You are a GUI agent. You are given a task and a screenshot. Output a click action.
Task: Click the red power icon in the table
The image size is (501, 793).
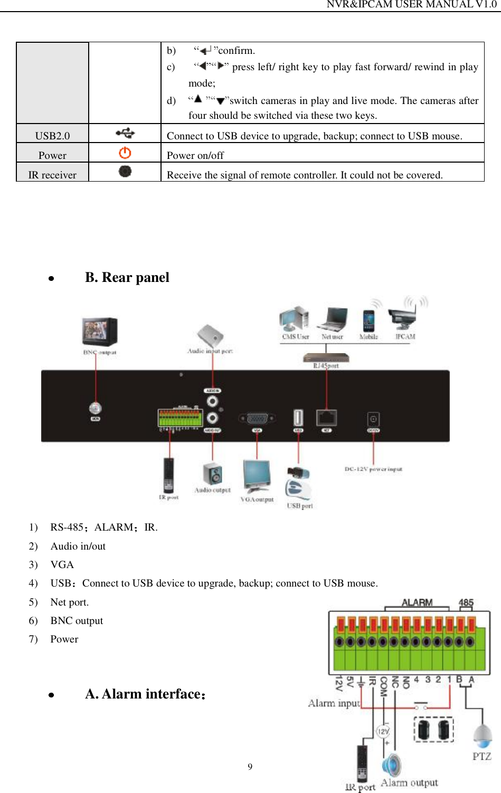pos(125,153)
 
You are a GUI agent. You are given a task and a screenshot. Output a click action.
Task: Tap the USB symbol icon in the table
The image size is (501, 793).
pos(125,134)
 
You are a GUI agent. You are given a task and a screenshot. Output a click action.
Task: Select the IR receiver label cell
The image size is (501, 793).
pos(52,175)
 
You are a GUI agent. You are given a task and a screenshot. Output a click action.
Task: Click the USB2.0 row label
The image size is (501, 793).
pos(52,136)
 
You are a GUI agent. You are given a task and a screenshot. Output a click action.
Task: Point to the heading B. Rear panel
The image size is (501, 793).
pos(127,278)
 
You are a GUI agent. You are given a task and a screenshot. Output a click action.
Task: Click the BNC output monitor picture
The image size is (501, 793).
pos(99,332)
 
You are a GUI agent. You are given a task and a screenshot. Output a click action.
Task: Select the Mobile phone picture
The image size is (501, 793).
pos(368,320)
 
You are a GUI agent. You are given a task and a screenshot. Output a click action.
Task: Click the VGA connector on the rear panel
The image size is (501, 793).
pos(257,419)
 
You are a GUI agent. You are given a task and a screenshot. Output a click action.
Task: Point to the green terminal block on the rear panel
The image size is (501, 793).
pos(180,418)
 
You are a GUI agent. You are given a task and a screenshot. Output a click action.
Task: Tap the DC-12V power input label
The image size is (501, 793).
pos(373,469)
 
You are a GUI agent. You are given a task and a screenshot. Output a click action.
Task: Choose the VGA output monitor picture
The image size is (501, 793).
pos(257,477)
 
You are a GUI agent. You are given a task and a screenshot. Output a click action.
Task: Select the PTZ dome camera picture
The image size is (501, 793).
pos(482,737)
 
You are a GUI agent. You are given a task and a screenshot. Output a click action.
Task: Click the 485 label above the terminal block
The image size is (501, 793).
pos(466,603)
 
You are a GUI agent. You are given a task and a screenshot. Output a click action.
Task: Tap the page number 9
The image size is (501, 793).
pos(250,767)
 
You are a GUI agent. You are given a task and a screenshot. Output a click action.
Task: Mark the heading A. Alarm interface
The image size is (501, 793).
pos(145,694)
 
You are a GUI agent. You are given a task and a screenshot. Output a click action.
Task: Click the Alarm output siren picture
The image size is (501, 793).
pos(391,765)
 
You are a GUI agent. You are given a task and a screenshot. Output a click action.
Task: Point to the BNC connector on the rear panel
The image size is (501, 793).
pos(96,409)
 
